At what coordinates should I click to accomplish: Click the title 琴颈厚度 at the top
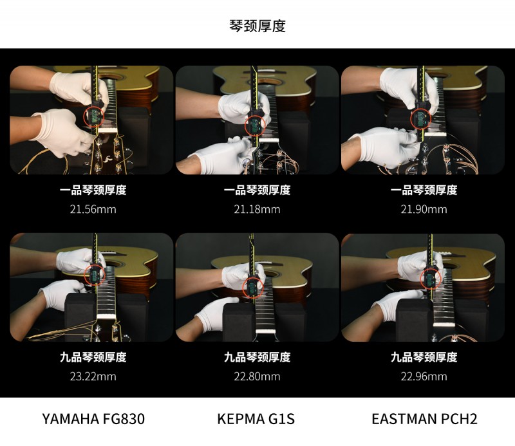click(257, 26)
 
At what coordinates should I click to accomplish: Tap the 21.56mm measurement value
click(93, 209)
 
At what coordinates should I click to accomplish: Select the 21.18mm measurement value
click(257, 209)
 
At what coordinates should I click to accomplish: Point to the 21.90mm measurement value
click(424, 209)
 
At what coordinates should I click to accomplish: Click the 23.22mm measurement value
click(93, 376)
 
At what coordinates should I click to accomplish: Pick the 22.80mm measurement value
click(257, 376)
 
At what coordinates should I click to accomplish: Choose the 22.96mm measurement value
click(424, 376)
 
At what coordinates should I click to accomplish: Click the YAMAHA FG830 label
click(93, 419)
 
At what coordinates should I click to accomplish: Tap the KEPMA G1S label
click(256, 419)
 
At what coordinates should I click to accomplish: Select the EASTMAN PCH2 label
click(424, 419)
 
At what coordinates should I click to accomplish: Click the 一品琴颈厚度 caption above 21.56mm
click(93, 190)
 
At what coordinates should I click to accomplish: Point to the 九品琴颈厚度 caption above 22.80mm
click(257, 357)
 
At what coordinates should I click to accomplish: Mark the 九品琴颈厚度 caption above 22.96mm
click(424, 357)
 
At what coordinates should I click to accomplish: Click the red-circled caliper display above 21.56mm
click(94, 116)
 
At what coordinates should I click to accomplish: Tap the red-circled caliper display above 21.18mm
click(255, 125)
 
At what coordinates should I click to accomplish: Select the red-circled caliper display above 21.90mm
click(422, 118)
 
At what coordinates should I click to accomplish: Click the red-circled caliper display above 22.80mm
click(252, 288)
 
